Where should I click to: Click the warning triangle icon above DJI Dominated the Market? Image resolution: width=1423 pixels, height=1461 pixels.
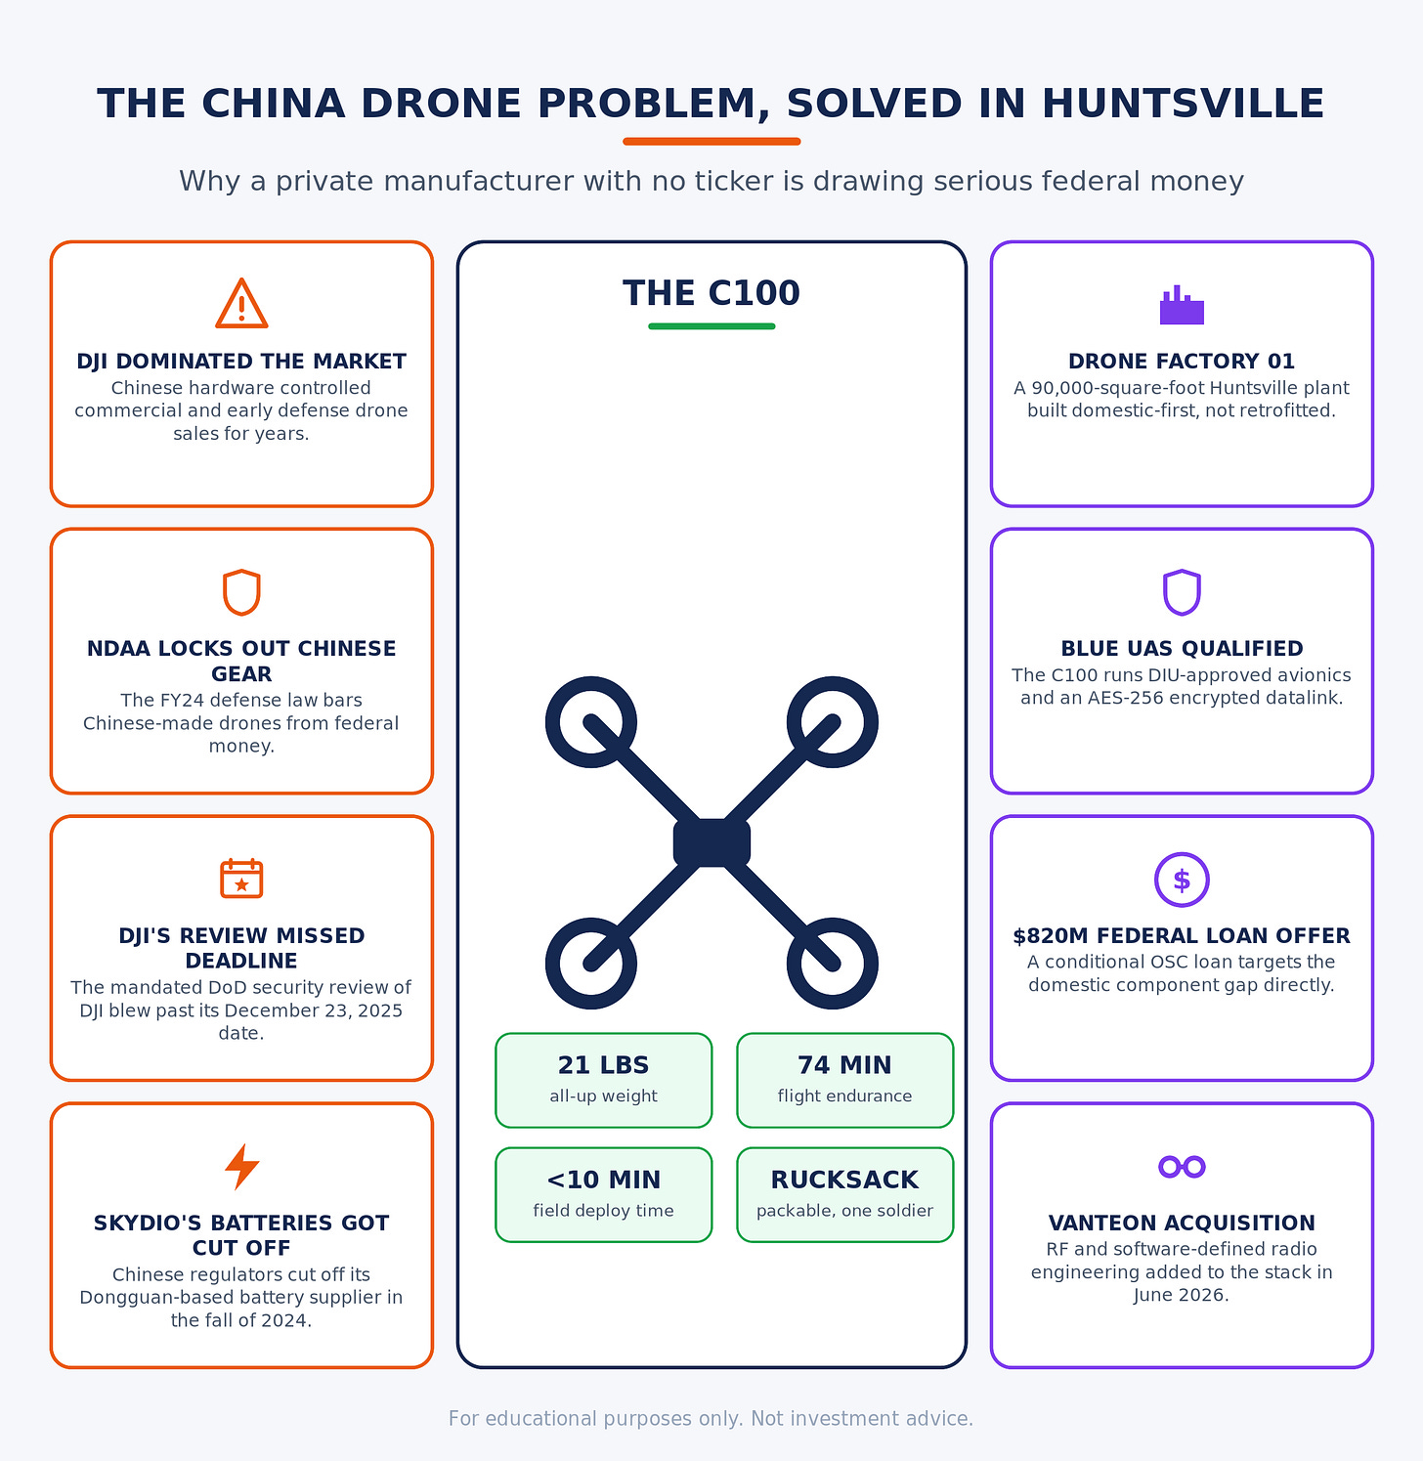tap(241, 304)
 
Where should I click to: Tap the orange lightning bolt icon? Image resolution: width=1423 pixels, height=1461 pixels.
tap(241, 1167)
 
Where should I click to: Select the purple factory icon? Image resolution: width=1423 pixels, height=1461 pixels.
tap(1182, 305)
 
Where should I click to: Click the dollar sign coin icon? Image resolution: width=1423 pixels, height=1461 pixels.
tap(1182, 880)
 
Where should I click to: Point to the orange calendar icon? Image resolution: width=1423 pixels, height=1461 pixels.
tap(241, 878)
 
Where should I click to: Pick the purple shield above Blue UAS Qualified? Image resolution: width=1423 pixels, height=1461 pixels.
tap(1182, 592)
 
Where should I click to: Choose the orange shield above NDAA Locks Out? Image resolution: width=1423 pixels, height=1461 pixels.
tap(241, 592)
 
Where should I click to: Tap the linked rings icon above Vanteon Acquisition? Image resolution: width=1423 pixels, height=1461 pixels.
tap(1182, 1166)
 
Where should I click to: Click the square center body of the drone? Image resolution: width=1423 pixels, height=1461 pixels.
tap(711, 842)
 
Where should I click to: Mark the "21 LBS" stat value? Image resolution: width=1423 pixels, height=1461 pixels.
tap(603, 1065)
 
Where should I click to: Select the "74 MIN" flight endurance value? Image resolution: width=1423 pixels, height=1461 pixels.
tap(844, 1065)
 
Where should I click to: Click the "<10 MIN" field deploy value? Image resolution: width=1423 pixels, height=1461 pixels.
tap(603, 1180)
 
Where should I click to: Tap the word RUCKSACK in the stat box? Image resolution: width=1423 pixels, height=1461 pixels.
tap(844, 1180)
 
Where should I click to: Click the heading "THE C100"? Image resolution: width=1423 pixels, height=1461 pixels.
tap(711, 293)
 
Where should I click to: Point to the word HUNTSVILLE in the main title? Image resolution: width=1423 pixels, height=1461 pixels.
tap(1183, 105)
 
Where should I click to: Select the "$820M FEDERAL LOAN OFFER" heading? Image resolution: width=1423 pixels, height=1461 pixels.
tap(1182, 935)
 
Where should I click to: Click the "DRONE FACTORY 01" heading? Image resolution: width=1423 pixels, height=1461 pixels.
tap(1182, 362)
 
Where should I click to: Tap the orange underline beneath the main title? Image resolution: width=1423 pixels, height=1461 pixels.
tap(711, 142)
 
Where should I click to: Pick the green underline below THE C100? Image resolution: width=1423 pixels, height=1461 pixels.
tap(711, 326)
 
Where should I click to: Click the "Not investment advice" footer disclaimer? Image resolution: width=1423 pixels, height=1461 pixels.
tap(862, 1418)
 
